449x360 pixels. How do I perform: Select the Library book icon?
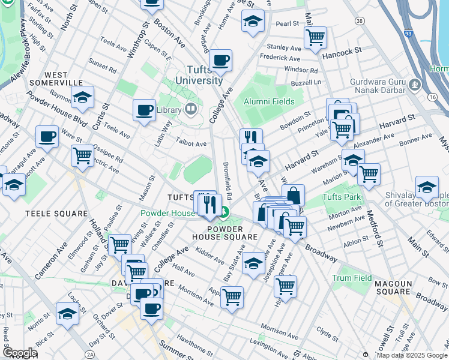(191, 109)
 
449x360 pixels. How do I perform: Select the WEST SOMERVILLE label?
(54, 77)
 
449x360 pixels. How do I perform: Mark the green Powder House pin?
(224, 212)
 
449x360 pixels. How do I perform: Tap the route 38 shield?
(360, 21)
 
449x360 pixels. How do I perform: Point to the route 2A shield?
(90, 355)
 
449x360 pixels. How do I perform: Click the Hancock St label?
(344, 53)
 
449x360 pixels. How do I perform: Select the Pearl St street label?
(287, 23)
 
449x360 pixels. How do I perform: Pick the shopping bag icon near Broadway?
(293, 194)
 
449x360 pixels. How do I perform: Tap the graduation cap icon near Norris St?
(67, 313)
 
